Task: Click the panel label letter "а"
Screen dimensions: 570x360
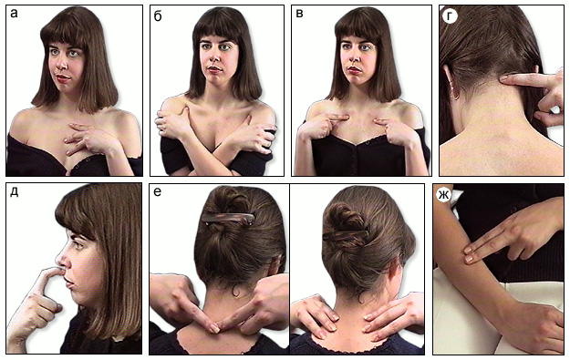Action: [x=15, y=15]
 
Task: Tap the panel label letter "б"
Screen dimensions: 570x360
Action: [x=158, y=16]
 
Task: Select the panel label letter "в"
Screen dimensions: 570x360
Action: [x=299, y=15]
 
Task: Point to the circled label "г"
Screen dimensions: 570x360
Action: [x=450, y=16]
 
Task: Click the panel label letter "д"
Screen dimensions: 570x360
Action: [x=15, y=192]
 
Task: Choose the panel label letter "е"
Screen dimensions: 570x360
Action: [x=158, y=191]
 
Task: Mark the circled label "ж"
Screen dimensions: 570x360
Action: [x=443, y=195]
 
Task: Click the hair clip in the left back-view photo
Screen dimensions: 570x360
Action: [x=228, y=217]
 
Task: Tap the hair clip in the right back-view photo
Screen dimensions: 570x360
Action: [x=346, y=233]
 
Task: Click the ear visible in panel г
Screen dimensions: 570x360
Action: [x=452, y=84]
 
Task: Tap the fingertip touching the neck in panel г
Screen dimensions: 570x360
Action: [x=505, y=77]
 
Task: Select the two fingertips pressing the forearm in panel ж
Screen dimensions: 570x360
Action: [x=469, y=254]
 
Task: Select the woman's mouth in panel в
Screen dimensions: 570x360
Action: [x=353, y=69]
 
